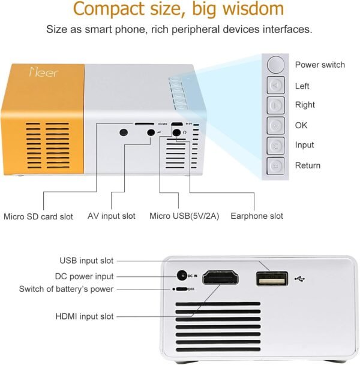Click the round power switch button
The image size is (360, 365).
point(275,64)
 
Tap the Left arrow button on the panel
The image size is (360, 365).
point(275,86)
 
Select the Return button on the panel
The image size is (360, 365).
point(275,165)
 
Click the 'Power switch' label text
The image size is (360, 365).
point(320,65)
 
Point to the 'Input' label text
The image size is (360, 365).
point(305,145)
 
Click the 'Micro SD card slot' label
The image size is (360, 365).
point(38,216)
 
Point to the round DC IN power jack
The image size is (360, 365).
point(182,276)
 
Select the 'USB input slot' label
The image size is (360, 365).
point(86,261)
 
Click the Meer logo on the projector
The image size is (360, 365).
point(38,73)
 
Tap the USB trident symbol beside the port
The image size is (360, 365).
point(301,279)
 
